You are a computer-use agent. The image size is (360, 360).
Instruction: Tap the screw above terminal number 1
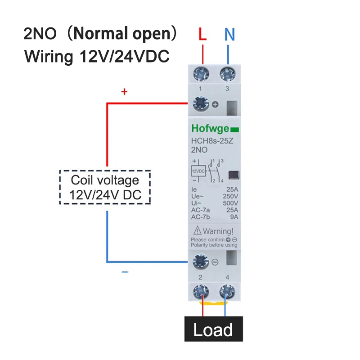[200, 72]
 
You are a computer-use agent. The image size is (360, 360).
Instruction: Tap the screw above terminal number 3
[227, 72]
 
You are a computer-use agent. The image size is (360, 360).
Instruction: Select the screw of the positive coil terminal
[199, 104]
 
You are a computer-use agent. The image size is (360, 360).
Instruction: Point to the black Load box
[213, 330]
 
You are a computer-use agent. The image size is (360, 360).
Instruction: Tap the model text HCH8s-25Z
[212, 141]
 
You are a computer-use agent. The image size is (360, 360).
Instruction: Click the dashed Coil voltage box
[105, 187]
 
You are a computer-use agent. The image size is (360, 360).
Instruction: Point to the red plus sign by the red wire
[125, 92]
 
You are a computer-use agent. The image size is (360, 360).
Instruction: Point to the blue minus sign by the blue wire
[125, 272]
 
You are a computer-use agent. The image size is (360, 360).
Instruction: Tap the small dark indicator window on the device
[234, 175]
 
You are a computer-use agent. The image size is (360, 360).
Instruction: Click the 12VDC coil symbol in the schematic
[198, 171]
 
